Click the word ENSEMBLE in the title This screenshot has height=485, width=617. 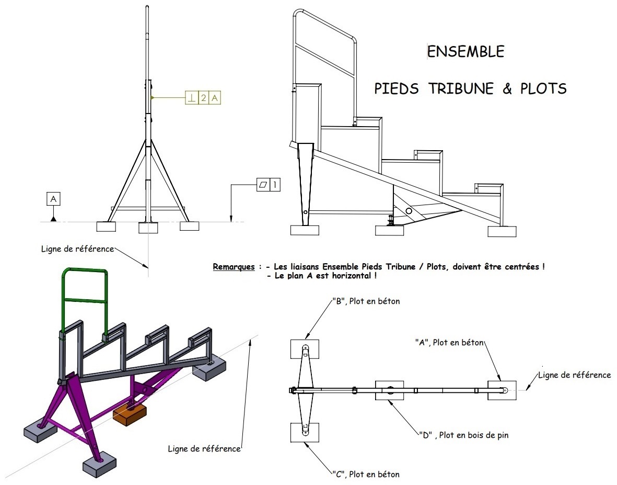466,51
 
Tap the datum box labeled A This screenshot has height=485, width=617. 53,199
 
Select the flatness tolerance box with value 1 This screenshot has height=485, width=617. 269,185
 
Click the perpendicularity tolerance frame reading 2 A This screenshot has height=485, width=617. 202,98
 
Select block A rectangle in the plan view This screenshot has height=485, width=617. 502,390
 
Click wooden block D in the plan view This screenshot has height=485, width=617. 390,390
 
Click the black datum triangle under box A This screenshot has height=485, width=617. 53,218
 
